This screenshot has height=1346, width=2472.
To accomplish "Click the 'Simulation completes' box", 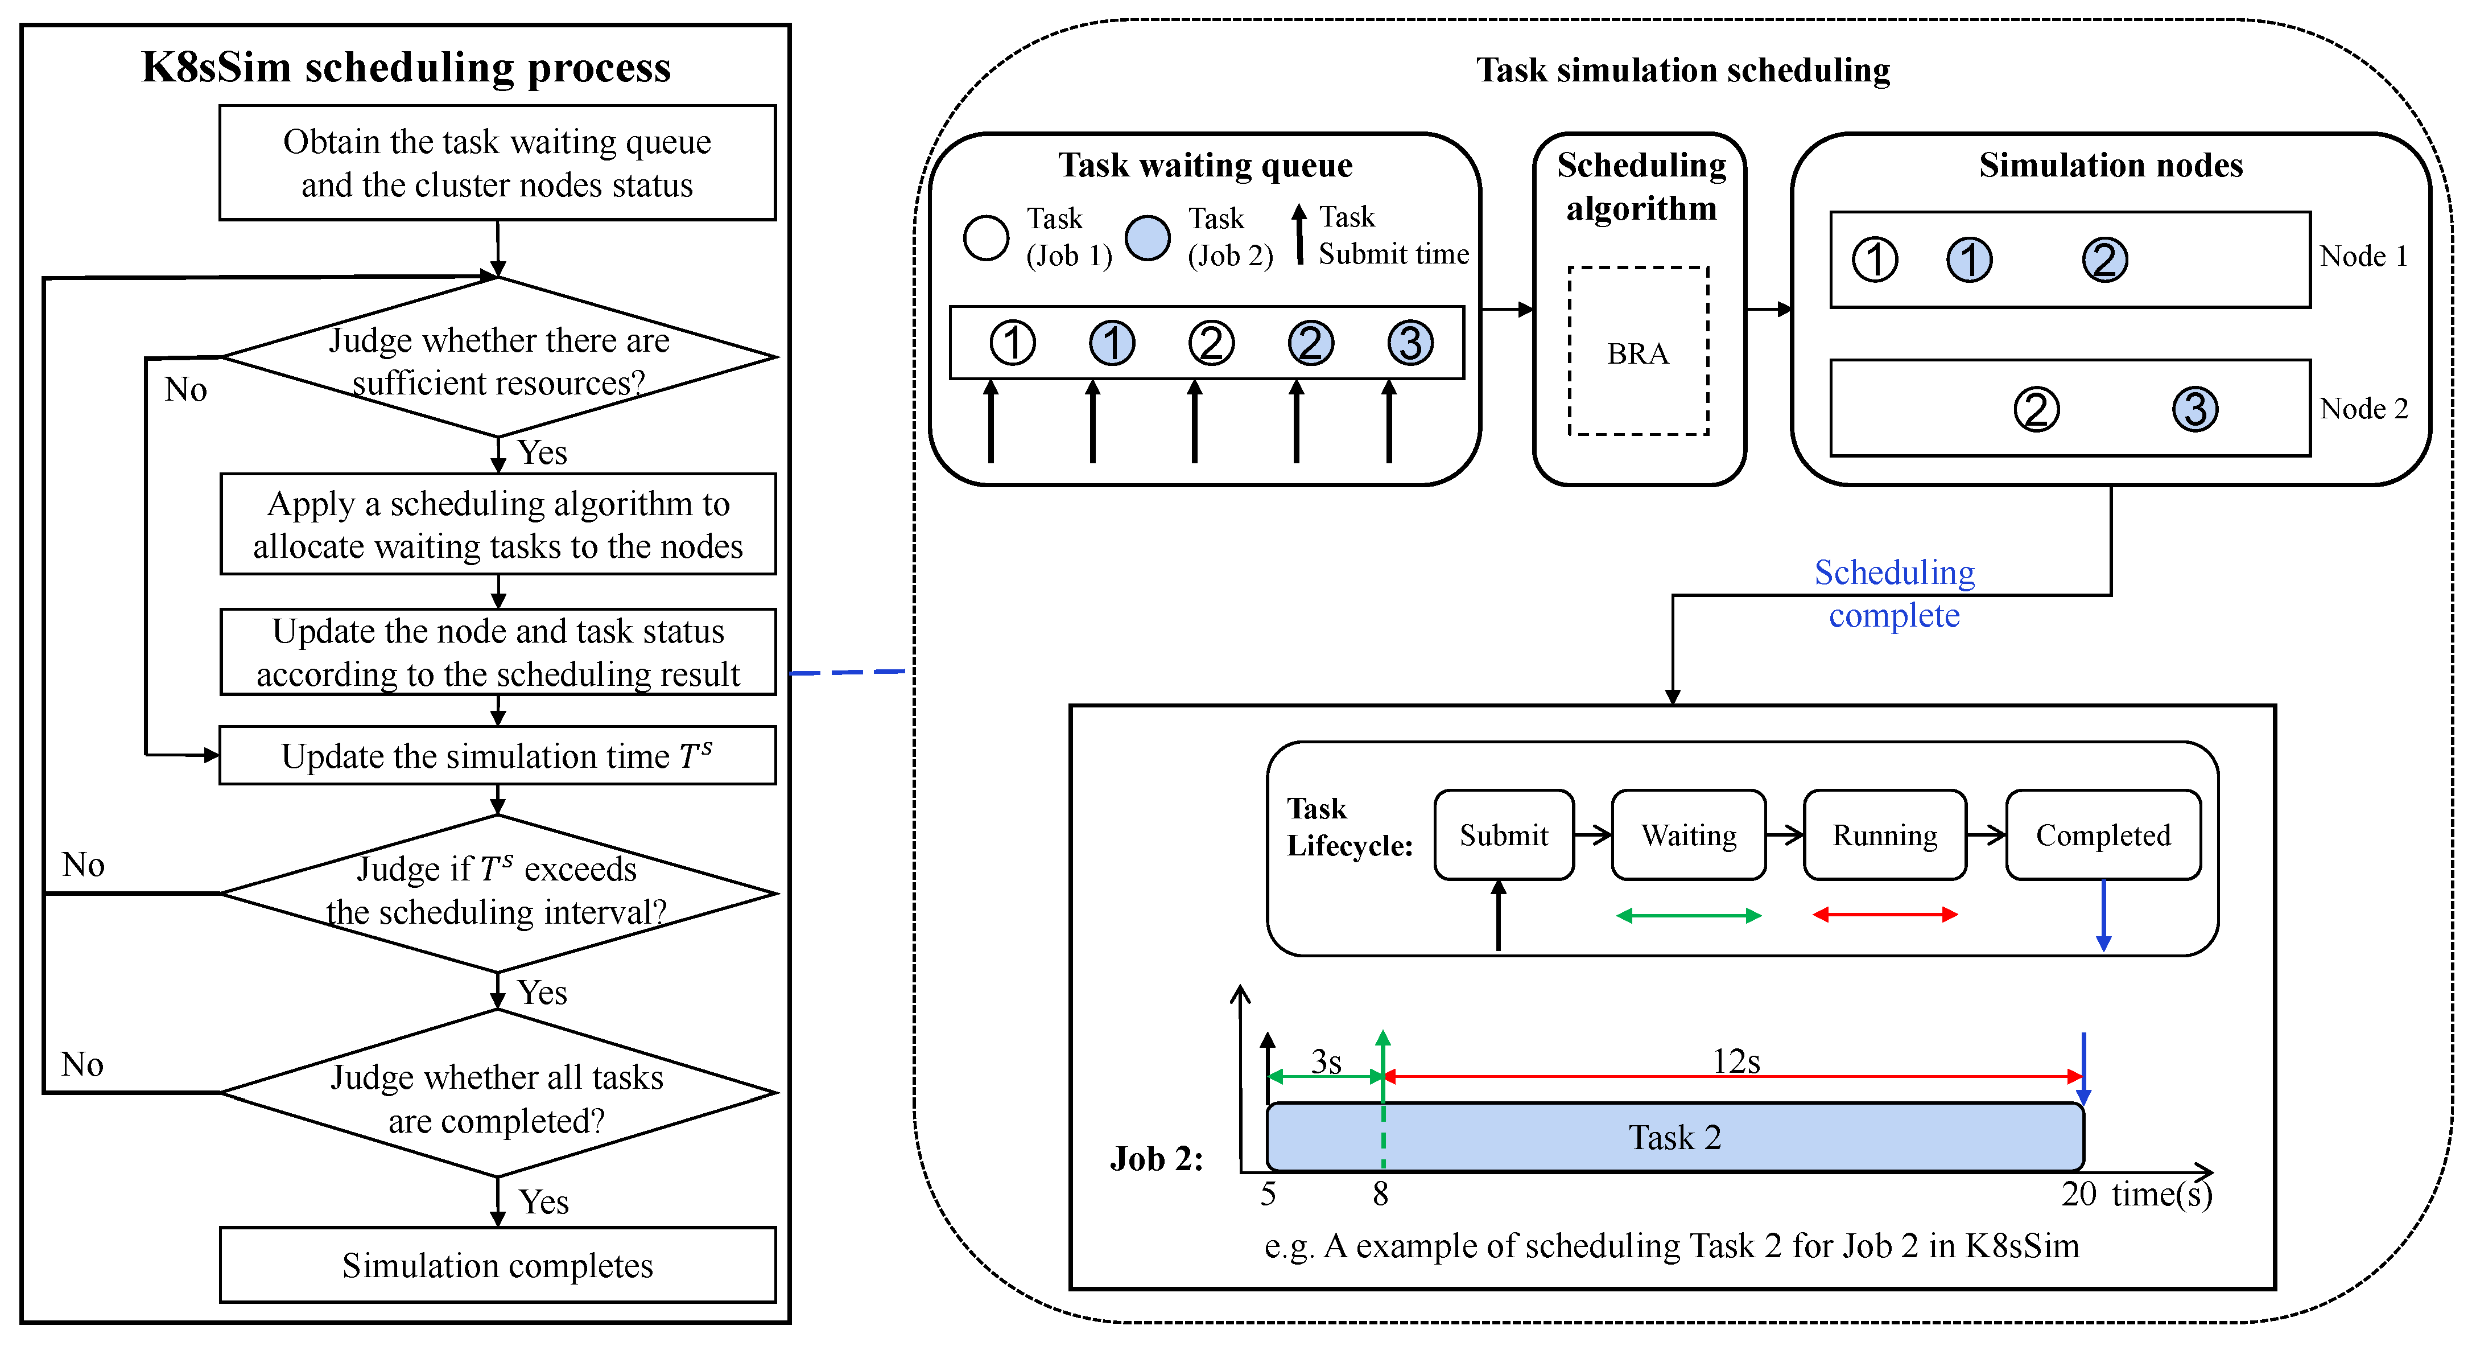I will click(497, 1265).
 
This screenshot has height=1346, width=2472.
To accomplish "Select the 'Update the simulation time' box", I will click(497, 756).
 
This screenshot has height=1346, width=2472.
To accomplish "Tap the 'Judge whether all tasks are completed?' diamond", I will click(497, 1094).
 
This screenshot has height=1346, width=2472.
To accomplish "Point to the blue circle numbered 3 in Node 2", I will click(2195, 409).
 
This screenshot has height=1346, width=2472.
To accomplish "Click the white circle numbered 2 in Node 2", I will click(2036, 409).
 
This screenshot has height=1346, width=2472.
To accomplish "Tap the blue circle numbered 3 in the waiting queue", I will click(1410, 343).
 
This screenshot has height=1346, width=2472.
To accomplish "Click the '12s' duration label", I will click(1736, 1061).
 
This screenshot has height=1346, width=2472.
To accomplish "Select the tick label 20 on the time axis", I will click(2078, 1194).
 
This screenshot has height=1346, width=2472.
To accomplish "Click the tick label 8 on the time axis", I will click(1380, 1194).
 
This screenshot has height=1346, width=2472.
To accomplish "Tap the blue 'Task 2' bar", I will click(1674, 1137).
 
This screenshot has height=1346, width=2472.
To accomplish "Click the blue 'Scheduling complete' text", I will click(1893, 593).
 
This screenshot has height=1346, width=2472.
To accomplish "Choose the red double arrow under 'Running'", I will click(1884, 915).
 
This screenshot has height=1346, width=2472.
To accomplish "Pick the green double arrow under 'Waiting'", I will click(1688, 916).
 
